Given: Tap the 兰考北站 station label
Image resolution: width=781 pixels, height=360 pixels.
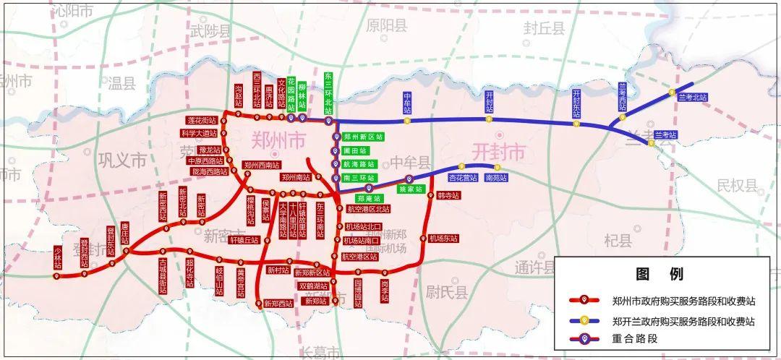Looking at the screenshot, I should pos(693,97).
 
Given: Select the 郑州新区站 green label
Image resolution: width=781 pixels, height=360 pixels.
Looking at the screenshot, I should pos(362,137).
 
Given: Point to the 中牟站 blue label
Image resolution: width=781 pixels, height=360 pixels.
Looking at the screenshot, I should pos(408,103).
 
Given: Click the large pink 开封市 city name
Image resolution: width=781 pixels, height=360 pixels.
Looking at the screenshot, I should pos(498,153).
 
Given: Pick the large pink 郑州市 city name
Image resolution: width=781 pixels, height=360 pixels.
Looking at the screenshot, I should pos(278,140).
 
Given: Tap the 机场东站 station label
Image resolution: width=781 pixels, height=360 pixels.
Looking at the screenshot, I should pos(443,239).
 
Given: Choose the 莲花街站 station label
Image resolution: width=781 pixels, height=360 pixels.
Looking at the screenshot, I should pos(201,121).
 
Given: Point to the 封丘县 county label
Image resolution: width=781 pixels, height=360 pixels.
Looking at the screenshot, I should pos(544,28).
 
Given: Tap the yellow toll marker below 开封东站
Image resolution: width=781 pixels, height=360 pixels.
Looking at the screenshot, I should pos(576,124).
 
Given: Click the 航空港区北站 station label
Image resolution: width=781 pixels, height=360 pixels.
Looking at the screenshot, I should pos(369,210).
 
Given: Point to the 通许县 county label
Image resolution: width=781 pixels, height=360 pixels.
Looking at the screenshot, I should pos(535,267).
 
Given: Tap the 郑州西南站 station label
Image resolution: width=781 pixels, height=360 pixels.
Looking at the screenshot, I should pos(261,165).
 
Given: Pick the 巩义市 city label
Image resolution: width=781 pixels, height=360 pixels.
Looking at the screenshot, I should pos(122,160).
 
